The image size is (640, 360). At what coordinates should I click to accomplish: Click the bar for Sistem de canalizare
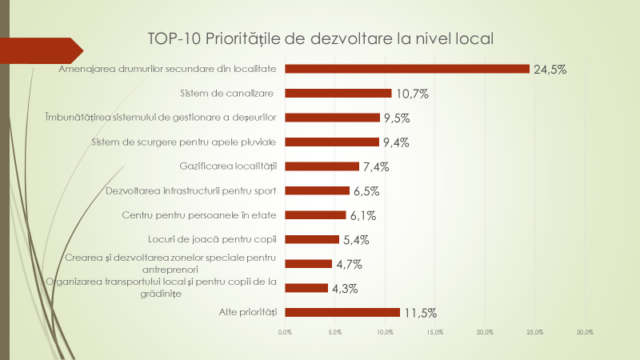coord(338,93)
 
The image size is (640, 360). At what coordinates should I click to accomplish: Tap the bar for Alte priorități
coord(342,312)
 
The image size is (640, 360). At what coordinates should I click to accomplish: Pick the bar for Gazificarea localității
coord(322,166)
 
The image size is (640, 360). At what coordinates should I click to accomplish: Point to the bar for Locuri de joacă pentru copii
coord(312,239)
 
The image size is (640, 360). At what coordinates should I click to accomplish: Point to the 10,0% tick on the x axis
coord(385,332)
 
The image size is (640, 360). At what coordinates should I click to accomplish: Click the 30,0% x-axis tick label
coord(585,332)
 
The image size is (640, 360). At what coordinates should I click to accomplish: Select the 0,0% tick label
coord(285,332)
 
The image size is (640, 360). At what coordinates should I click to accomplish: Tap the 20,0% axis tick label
coord(485,332)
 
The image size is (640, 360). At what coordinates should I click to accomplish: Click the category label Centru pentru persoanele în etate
coord(199,215)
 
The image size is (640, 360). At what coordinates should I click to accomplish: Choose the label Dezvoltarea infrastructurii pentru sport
coord(191,190)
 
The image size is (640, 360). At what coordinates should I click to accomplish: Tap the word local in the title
coord(473,38)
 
